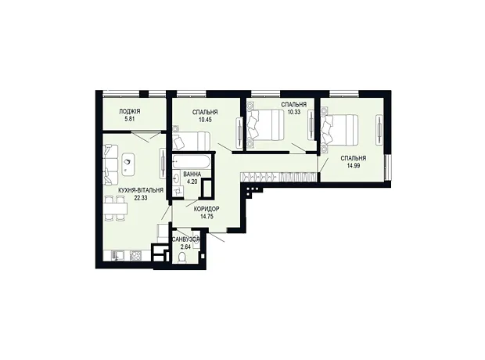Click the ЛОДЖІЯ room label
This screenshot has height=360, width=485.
click(130, 112)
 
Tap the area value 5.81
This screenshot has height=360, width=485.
click(130, 118)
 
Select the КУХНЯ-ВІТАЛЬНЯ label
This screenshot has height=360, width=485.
click(141, 191)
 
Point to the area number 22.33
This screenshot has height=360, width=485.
click(141, 197)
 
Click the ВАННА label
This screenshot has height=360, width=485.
click(192, 175)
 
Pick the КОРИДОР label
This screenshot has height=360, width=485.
click(207, 209)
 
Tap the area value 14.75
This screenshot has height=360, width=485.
click(207, 216)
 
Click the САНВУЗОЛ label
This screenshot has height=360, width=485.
click(186, 239)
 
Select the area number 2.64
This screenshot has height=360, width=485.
click(186, 247)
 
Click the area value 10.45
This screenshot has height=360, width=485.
click(205, 120)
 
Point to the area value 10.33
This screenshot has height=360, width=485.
click(294, 112)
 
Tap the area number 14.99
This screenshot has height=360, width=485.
click(354, 165)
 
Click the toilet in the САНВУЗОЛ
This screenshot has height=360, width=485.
click(182, 257)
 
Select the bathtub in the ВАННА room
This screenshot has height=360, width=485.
click(191, 161)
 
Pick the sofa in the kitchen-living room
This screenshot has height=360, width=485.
click(111, 164)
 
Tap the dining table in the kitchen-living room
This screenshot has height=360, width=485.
click(116, 209)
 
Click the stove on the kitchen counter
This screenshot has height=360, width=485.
click(135, 255)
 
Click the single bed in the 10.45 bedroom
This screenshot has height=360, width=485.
click(192, 140)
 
